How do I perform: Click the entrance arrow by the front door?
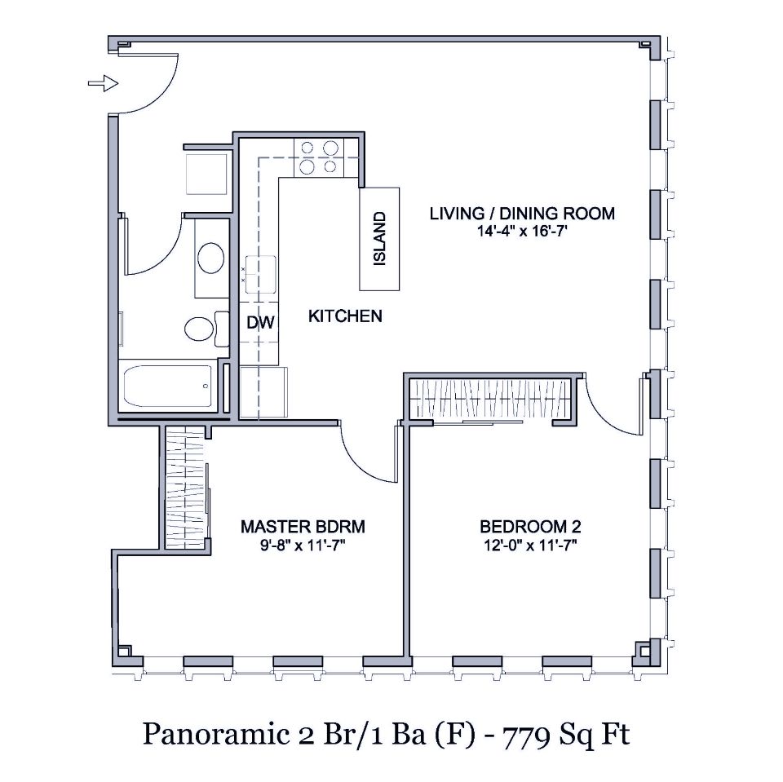click(x=103, y=82)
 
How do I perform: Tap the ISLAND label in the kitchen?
click(x=380, y=239)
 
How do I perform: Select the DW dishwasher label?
click(x=259, y=323)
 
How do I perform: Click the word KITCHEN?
click(x=344, y=316)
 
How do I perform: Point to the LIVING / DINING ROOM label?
click(x=522, y=214)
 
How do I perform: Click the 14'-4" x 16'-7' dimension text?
click(x=522, y=232)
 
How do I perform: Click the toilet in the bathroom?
click(x=200, y=329)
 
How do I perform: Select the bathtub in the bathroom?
click(x=168, y=387)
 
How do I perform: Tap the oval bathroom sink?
click(x=211, y=258)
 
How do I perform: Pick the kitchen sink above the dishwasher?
click(x=262, y=270)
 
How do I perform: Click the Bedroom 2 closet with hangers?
click(x=492, y=400)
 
